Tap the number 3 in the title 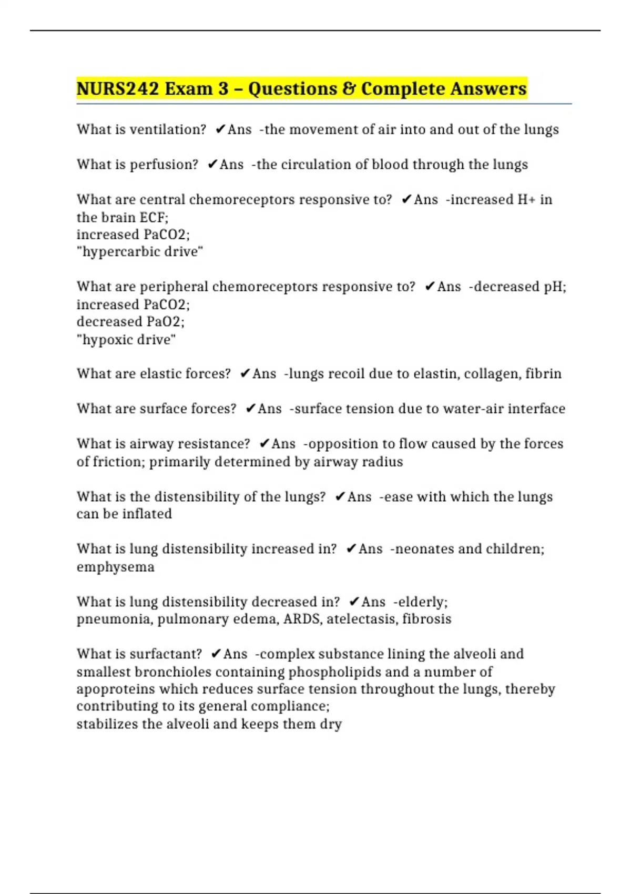[x=223, y=88]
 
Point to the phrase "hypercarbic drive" [x=140, y=251]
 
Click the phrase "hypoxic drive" [x=126, y=339]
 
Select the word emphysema [x=116, y=567]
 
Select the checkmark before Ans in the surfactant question [x=216, y=654]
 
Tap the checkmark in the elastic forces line [x=245, y=373]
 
